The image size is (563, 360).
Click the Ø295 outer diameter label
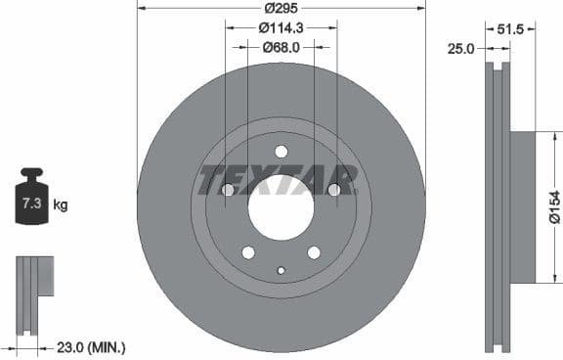click(x=281, y=9)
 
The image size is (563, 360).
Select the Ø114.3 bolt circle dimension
click(x=281, y=27)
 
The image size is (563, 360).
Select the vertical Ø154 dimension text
click(x=554, y=208)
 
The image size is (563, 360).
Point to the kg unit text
click(x=61, y=204)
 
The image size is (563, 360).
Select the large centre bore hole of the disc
click(x=281, y=207)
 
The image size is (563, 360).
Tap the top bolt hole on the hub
click(x=281, y=151)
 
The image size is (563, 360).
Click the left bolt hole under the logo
click(x=228, y=190)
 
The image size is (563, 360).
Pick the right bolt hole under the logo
click(x=334, y=190)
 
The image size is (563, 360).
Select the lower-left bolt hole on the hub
click(x=248, y=252)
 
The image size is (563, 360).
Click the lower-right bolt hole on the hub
click(x=314, y=252)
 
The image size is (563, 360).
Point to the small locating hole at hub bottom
click(x=281, y=270)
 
